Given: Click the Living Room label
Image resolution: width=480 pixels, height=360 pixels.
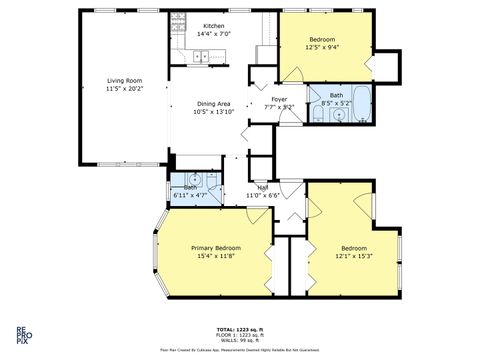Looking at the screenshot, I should [x=126, y=82].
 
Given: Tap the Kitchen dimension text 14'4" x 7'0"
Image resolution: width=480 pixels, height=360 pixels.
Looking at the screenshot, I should [x=214, y=34].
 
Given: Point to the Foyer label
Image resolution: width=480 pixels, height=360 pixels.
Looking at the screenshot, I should [x=280, y=99].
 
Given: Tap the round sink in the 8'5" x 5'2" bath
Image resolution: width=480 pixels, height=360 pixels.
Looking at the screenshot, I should [x=341, y=115].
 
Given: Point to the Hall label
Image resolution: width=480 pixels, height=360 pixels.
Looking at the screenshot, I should [x=263, y=187].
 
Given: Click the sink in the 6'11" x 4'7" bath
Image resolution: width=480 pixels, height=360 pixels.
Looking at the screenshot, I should [x=197, y=181].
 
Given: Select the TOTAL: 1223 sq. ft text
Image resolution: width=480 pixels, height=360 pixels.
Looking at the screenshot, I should [x=239, y=328].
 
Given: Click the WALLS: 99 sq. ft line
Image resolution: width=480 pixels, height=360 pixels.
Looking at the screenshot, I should [x=239, y=340].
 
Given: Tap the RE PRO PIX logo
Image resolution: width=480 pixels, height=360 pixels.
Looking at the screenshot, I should [x=21, y=335].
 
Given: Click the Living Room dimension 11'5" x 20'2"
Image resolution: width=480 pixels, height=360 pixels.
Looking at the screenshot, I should [x=126, y=89].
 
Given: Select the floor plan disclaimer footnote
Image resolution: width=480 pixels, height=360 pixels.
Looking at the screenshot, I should [x=239, y=351].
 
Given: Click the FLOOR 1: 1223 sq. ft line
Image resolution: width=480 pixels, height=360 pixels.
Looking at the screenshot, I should [x=239, y=334].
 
